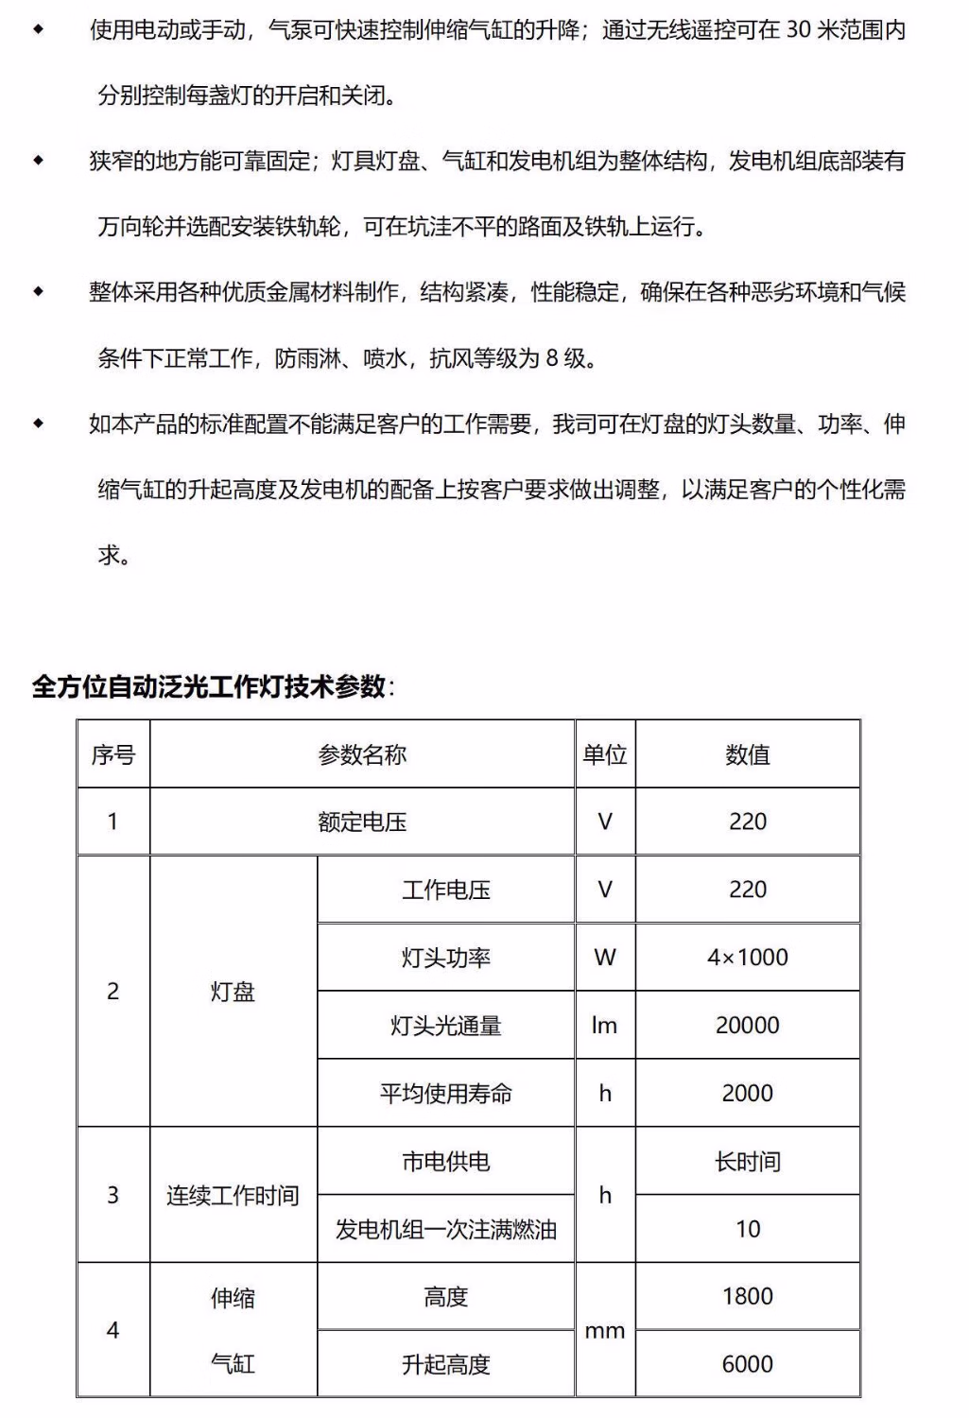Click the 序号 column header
coord(113,754)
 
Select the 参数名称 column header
coord(362,754)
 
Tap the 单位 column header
coord(605,754)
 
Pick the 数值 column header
coord(748,754)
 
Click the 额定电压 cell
coord(362,821)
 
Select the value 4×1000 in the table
coord(748,958)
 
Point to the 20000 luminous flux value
coord(748,1026)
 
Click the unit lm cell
coord(605,1026)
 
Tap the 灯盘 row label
coord(233,992)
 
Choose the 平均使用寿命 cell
coord(446,1094)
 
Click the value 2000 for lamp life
coord(748,1094)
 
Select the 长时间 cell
coord(748,1162)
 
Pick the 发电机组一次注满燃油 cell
coord(446,1230)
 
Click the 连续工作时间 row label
coord(233,1196)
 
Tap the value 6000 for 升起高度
coord(748,1364)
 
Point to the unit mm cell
coord(605,1331)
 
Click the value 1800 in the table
coord(748,1296)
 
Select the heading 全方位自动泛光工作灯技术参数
coord(209,686)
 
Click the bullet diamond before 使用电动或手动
coord(39,30)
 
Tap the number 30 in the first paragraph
coord(799,30)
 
